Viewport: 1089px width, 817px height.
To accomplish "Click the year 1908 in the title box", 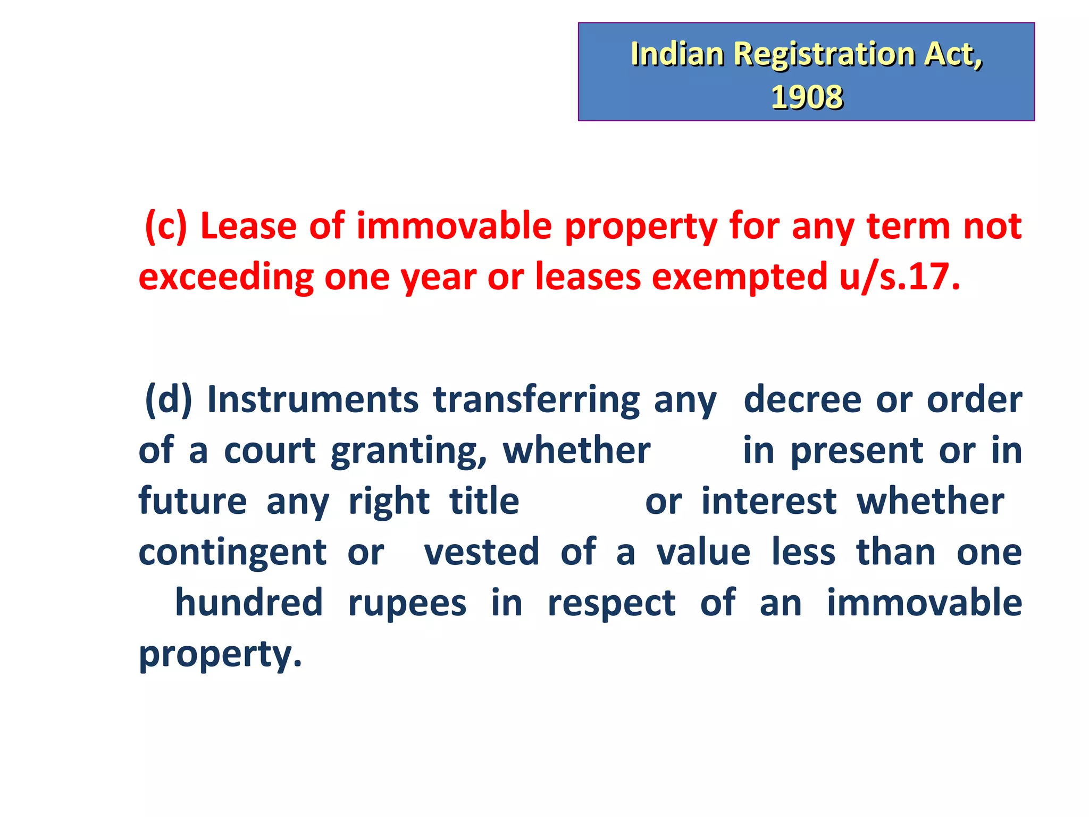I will [x=806, y=97].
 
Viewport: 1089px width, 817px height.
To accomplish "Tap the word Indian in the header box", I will [x=677, y=54].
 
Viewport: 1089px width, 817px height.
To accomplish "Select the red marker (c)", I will [x=166, y=227].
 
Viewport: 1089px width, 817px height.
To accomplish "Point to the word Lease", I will [x=248, y=227].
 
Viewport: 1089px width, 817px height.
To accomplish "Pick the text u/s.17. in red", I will [x=900, y=278].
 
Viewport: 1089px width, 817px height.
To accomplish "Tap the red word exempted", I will [x=740, y=278].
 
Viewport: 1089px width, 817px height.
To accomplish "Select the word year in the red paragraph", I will [x=438, y=278].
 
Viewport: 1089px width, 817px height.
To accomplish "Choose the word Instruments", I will [x=313, y=400].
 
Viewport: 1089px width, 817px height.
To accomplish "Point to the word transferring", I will [x=537, y=400].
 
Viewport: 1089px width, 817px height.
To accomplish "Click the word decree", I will [x=802, y=400].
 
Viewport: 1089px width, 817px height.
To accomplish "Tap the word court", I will [x=270, y=451].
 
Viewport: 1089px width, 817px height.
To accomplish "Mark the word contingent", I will [x=232, y=553].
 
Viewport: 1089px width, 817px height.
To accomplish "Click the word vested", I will [x=481, y=552].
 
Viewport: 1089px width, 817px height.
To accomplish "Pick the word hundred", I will [x=249, y=603].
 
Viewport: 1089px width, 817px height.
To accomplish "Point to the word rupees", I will [x=407, y=604].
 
